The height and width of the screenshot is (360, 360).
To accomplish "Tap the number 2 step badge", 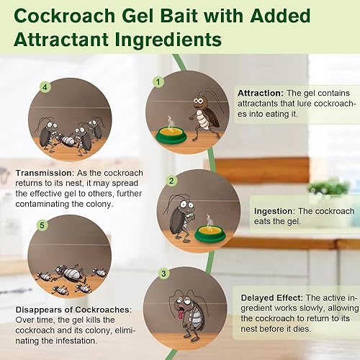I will [x=171, y=181].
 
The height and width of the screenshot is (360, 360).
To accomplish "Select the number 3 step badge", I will [x=163, y=274].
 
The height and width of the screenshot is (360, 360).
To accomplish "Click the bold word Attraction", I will [x=260, y=93].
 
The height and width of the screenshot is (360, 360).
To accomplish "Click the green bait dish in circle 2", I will [x=205, y=232].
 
